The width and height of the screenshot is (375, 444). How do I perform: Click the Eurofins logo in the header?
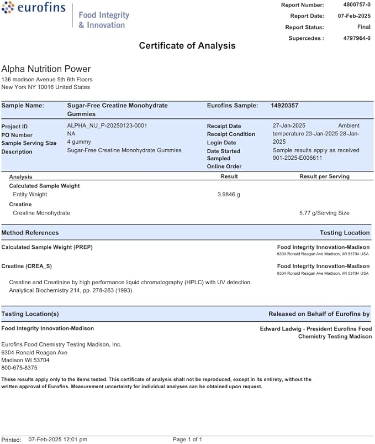34,9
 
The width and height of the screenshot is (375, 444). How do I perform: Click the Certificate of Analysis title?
187,46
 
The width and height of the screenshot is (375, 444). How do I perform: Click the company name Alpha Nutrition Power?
46,69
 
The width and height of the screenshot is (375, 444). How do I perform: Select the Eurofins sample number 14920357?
284,105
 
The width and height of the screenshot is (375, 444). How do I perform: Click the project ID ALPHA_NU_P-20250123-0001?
107,126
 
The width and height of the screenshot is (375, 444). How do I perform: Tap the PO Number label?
17,135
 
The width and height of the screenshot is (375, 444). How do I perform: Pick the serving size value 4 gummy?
80,143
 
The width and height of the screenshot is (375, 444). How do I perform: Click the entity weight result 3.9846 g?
229,195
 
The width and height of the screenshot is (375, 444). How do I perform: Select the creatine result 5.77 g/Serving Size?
324,213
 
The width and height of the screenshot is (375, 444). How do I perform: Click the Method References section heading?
30,233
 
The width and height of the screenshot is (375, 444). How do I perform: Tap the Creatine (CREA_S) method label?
27,267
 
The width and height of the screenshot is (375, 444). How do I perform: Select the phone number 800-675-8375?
19,368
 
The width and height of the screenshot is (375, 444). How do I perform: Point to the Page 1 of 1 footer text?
187,440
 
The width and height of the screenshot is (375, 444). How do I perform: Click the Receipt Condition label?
231,134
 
